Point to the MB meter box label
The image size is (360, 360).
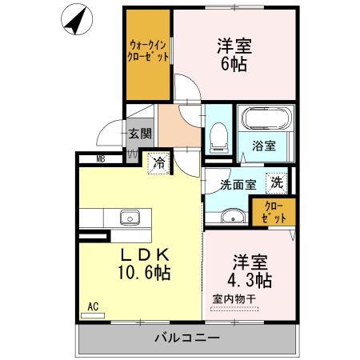[102, 159]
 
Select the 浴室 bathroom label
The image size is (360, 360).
[264, 146]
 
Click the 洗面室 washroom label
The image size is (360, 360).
[238, 183]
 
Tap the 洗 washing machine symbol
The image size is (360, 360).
[276, 182]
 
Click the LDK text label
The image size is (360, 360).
[145, 254]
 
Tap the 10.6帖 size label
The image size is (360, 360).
[145, 273]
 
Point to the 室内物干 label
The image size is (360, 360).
[234, 299]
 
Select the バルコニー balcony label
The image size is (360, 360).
[186, 339]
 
